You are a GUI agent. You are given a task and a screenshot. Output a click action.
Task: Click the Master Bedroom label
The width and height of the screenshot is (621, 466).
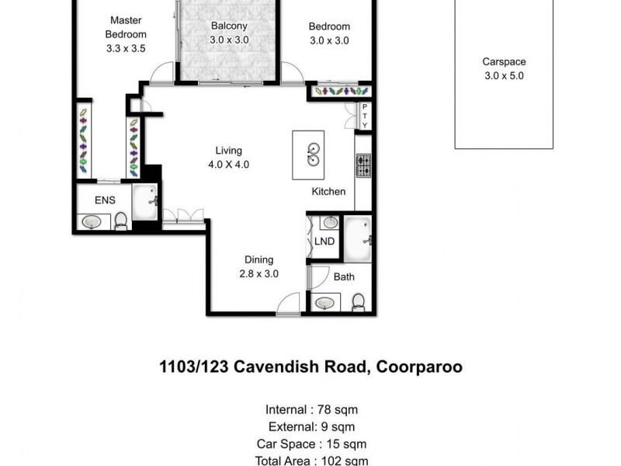[x=126, y=34]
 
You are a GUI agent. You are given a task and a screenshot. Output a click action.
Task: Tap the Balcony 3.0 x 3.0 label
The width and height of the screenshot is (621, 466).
[x=230, y=33]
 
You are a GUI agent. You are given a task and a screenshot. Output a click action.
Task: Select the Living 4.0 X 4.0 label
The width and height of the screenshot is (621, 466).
[x=230, y=158]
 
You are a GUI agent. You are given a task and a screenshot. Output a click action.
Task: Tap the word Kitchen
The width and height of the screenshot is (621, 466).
[x=328, y=192]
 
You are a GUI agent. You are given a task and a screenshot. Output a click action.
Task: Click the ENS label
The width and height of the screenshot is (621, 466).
[x=105, y=200]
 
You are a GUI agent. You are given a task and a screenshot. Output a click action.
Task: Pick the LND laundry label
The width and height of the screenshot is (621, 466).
[x=324, y=242]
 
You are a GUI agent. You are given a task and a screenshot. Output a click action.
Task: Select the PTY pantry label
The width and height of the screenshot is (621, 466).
[x=365, y=116]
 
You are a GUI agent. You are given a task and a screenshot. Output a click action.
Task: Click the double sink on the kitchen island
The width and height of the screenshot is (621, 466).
[x=312, y=155]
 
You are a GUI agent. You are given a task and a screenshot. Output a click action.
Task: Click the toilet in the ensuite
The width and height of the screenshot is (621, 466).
[x=121, y=223]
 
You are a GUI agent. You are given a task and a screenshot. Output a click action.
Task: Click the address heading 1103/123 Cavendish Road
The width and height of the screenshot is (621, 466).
[x=310, y=367]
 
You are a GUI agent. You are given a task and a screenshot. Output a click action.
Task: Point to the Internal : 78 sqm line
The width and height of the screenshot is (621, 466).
[x=311, y=410]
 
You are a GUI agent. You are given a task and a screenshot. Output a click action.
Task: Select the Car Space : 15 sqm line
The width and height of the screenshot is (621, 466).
[x=311, y=444]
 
